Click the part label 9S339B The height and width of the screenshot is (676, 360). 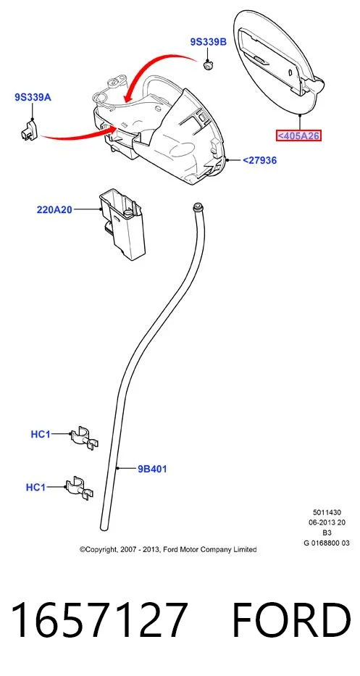pos(208,42)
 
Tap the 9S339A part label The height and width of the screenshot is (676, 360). pos(33,97)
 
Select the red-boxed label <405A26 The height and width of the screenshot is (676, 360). pos(298,136)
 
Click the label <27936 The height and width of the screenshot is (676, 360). pos(259,160)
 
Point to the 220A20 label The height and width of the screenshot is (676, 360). pos(54,210)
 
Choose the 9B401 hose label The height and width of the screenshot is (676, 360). pos(152,469)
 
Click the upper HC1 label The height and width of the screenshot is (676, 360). pos(41,434)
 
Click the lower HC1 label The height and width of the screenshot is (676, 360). pos(35,487)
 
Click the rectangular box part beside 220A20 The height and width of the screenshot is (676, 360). pos(122,226)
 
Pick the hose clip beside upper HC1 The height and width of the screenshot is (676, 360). pos(85,438)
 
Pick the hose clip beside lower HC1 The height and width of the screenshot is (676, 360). pos(80,488)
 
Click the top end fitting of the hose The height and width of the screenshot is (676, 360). pos(198,205)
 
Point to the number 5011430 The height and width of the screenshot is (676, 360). pos(327,512)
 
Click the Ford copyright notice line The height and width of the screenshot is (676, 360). pos(168,549)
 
